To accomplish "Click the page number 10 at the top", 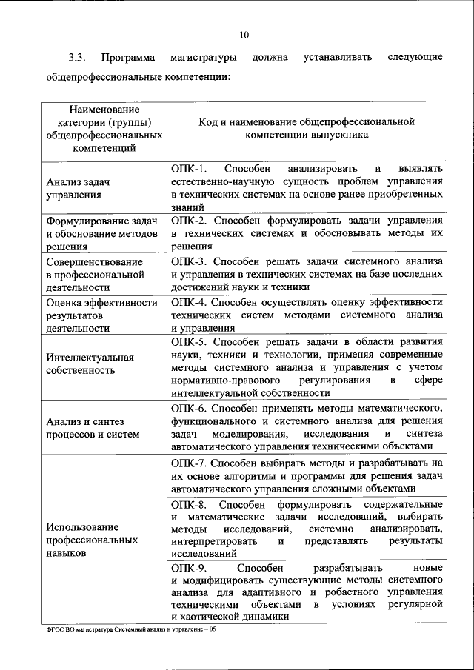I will coord(244,34).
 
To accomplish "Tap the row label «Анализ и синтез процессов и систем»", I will coord(92,427).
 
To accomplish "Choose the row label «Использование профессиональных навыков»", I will coord(92,540).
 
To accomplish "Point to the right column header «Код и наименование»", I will coord(306,129).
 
